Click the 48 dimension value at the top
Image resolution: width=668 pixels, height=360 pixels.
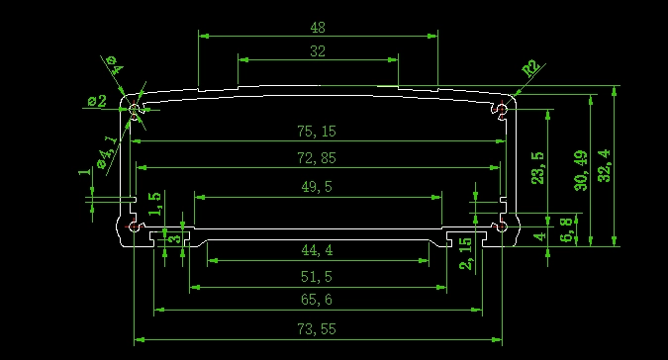318,28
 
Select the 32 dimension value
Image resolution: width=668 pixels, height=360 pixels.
318,51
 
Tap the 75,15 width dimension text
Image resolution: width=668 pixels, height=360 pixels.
317,132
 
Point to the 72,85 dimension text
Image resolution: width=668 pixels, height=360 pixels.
317,158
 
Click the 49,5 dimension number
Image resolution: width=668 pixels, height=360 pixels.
317,186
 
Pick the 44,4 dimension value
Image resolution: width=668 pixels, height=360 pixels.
317,250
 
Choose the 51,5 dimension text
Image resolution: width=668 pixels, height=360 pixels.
317,277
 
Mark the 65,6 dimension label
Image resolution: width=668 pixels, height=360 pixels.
317,300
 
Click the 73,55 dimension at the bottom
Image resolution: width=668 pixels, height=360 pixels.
317,329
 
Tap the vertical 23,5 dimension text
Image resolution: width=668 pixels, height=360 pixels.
537,168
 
